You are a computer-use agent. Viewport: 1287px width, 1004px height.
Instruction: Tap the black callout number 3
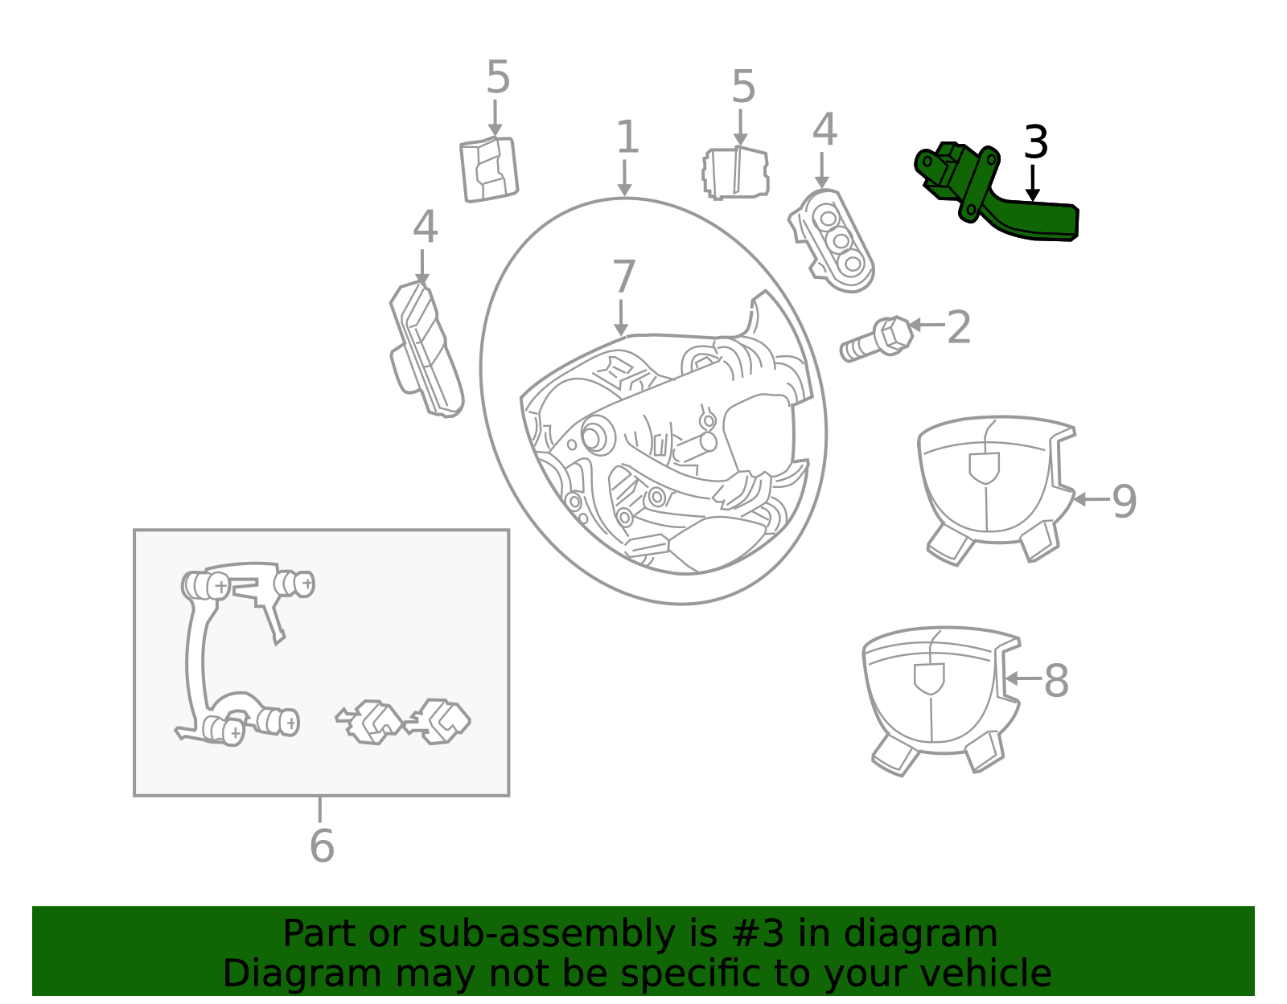[x=1036, y=142]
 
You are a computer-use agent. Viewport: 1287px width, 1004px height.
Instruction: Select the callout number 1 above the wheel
[x=627, y=137]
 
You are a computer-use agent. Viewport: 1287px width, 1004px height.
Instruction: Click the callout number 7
[x=623, y=277]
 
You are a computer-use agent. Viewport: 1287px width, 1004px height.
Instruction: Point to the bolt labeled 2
[x=877, y=338]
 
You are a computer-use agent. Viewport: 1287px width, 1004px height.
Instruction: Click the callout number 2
[x=959, y=327]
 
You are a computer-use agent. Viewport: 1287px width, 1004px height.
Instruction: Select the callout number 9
[x=1125, y=502]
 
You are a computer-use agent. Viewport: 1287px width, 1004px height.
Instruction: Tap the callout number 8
[x=1057, y=681]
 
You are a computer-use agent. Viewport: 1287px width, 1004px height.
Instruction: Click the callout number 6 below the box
[x=322, y=846]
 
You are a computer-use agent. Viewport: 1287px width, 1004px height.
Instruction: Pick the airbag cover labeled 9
[x=997, y=489]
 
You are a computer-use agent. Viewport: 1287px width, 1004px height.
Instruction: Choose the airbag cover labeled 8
[x=942, y=702]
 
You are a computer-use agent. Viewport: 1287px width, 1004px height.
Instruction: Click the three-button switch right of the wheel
[x=831, y=241]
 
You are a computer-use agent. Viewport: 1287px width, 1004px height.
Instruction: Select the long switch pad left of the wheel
[x=426, y=349]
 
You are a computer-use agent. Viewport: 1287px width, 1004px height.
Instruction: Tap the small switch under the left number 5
[x=489, y=169]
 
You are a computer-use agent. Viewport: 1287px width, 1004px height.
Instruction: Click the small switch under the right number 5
[x=735, y=173]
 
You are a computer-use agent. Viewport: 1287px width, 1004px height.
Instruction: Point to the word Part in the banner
[x=320, y=934]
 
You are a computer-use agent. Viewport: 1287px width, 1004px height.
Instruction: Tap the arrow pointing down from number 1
[x=624, y=178]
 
